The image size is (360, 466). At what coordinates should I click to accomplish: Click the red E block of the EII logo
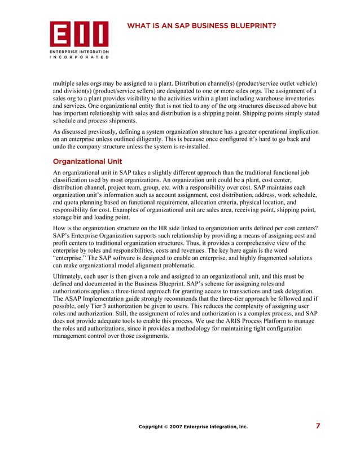coord(59,34)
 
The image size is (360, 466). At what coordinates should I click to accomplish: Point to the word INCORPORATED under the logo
coord(79,57)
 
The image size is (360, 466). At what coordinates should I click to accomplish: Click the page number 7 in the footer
coord(318,426)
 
